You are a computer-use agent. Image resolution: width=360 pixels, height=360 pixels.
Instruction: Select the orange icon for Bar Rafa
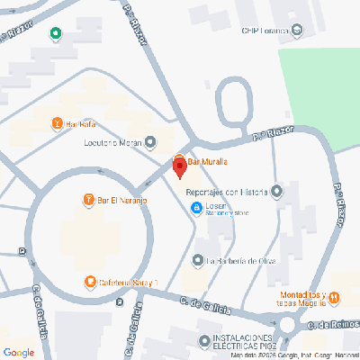58,123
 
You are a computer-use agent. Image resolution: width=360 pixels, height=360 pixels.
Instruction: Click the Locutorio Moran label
112,142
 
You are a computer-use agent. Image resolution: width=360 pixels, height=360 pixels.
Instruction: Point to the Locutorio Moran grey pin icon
150,141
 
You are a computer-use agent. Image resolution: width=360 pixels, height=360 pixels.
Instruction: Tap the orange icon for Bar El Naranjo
88,199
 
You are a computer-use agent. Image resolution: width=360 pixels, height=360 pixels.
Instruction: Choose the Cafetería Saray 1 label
128,283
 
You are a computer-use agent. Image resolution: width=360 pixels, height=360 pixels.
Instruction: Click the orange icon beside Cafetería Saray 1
90,283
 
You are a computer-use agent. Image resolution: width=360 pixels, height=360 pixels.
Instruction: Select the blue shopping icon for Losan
196,209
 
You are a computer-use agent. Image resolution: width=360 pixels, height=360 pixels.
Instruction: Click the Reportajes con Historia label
226,191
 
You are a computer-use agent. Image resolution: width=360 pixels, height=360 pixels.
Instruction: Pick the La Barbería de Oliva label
238,261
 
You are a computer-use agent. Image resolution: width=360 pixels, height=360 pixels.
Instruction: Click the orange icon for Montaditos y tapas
334,297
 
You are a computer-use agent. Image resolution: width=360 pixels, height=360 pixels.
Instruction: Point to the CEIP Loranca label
264,31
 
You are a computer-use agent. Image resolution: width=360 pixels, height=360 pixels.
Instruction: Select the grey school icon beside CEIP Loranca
298,31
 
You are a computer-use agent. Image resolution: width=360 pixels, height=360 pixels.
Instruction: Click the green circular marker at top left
55,34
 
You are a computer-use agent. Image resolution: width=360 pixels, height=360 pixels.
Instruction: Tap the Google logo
19,352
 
